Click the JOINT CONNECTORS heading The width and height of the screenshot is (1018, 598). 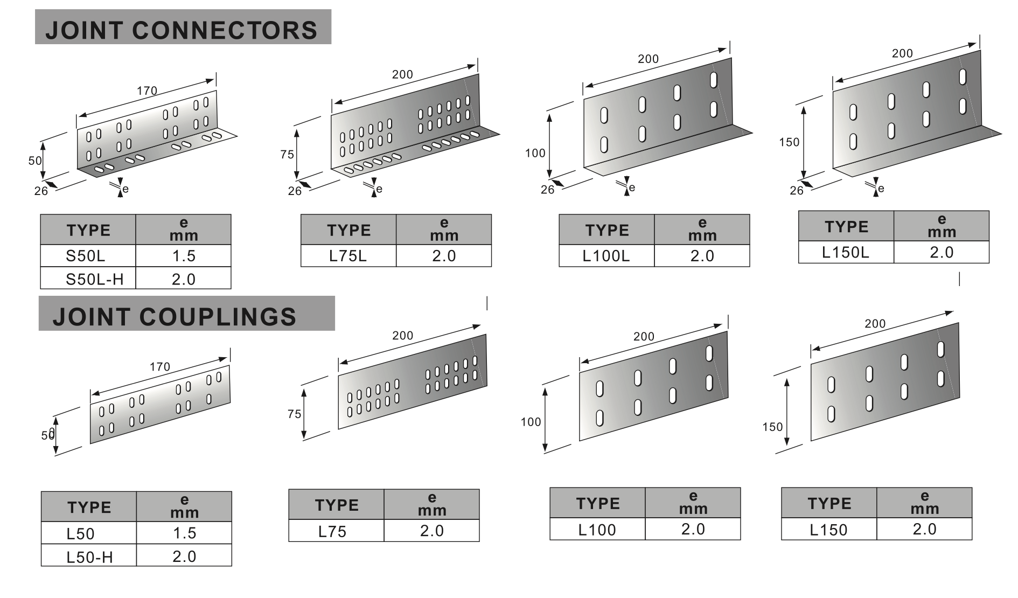182,30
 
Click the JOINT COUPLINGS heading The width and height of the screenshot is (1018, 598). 175,317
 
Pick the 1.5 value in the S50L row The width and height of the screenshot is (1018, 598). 184,256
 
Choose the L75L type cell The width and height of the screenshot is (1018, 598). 348,256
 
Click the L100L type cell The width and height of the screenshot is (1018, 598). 606,256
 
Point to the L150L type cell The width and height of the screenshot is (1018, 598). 846,252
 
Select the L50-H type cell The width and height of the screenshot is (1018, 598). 89,557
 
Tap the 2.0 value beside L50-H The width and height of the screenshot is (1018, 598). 184,556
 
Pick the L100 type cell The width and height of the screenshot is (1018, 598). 597,530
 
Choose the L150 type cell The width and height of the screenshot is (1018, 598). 828,530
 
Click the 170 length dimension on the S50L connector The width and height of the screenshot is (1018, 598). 147,91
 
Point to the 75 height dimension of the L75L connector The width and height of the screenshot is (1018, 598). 287,154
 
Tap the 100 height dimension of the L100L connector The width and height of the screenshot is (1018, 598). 535,153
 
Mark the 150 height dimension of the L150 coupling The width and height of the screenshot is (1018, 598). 772,427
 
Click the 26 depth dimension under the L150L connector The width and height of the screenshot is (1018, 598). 796,190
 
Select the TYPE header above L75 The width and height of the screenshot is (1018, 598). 337,505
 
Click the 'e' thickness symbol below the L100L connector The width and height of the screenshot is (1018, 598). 632,187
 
